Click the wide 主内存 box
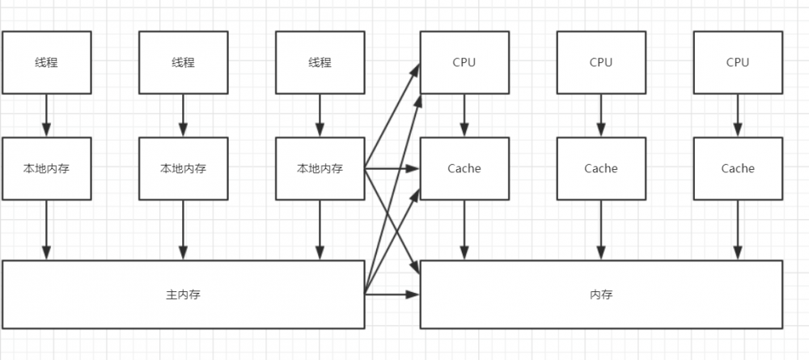183,294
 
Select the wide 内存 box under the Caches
601,294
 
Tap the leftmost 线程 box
46,62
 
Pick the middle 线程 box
183,62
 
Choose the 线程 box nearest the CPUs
320,62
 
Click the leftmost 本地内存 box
46,168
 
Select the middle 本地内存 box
183,168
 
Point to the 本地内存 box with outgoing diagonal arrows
320,168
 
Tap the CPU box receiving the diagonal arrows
464,62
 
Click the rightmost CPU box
738,62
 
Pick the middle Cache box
601,168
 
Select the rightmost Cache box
738,168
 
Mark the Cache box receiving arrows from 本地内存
464,168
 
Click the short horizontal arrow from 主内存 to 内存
392,294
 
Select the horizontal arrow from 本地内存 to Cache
392,168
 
